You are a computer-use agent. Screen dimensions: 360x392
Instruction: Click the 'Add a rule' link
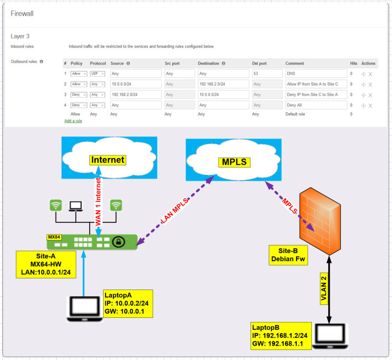point(73,121)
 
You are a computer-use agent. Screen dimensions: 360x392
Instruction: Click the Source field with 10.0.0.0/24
point(135,84)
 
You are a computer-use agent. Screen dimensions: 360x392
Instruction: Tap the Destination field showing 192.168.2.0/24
point(223,84)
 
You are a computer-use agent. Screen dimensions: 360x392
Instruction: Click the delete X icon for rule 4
point(370,105)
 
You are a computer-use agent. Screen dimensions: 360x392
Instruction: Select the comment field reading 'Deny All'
point(316,105)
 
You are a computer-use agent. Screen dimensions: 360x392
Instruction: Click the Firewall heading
point(22,14)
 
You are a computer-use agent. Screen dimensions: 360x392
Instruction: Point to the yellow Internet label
point(108,160)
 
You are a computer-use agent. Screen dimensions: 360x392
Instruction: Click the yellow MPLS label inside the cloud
point(234,162)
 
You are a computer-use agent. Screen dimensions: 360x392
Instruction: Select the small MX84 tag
point(53,237)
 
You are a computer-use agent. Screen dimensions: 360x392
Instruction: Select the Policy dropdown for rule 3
point(79,95)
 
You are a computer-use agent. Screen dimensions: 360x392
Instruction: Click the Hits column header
point(354,63)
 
